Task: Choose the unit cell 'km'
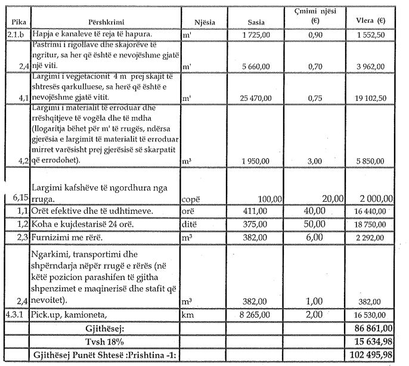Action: (188, 313)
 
